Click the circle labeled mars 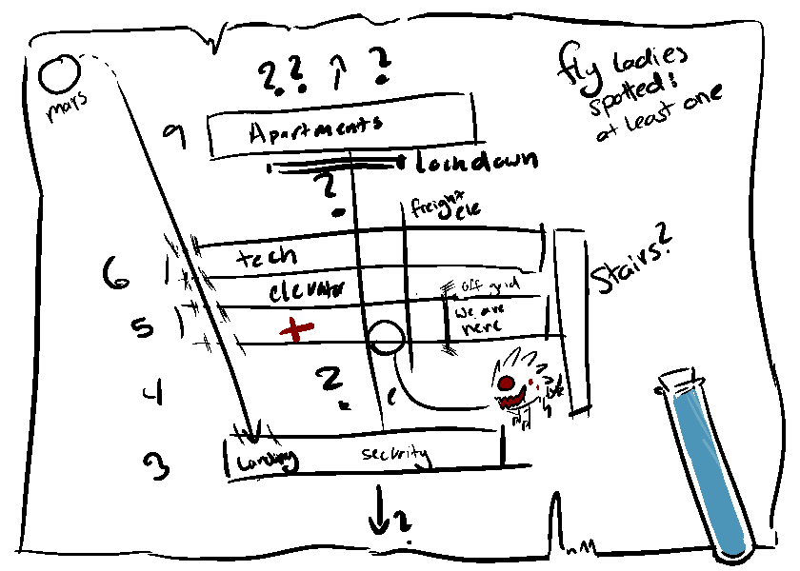pyautogui.click(x=60, y=73)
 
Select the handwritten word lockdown pyautogui.click(x=476, y=161)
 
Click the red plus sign pyautogui.click(x=296, y=329)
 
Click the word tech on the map pyautogui.click(x=266, y=256)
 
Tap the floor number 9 pyautogui.click(x=174, y=137)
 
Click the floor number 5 pyautogui.click(x=142, y=327)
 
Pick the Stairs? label pyautogui.click(x=628, y=267)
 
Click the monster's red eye pyautogui.click(x=504, y=382)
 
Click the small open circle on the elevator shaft pyautogui.click(x=385, y=336)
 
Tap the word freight pyautogui.click(x=430, y=206)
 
